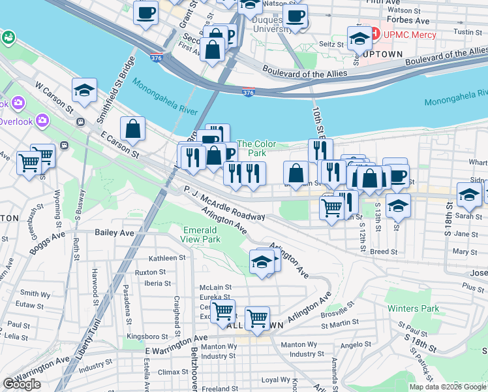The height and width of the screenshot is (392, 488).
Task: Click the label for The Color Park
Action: (256, 148)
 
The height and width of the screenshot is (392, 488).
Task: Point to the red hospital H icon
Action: (376, 31)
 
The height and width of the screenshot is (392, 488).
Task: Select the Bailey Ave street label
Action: (114, 232)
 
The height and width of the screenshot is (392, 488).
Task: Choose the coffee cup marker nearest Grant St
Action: (145, 11)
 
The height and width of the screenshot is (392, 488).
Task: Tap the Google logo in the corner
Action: (22, 384)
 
